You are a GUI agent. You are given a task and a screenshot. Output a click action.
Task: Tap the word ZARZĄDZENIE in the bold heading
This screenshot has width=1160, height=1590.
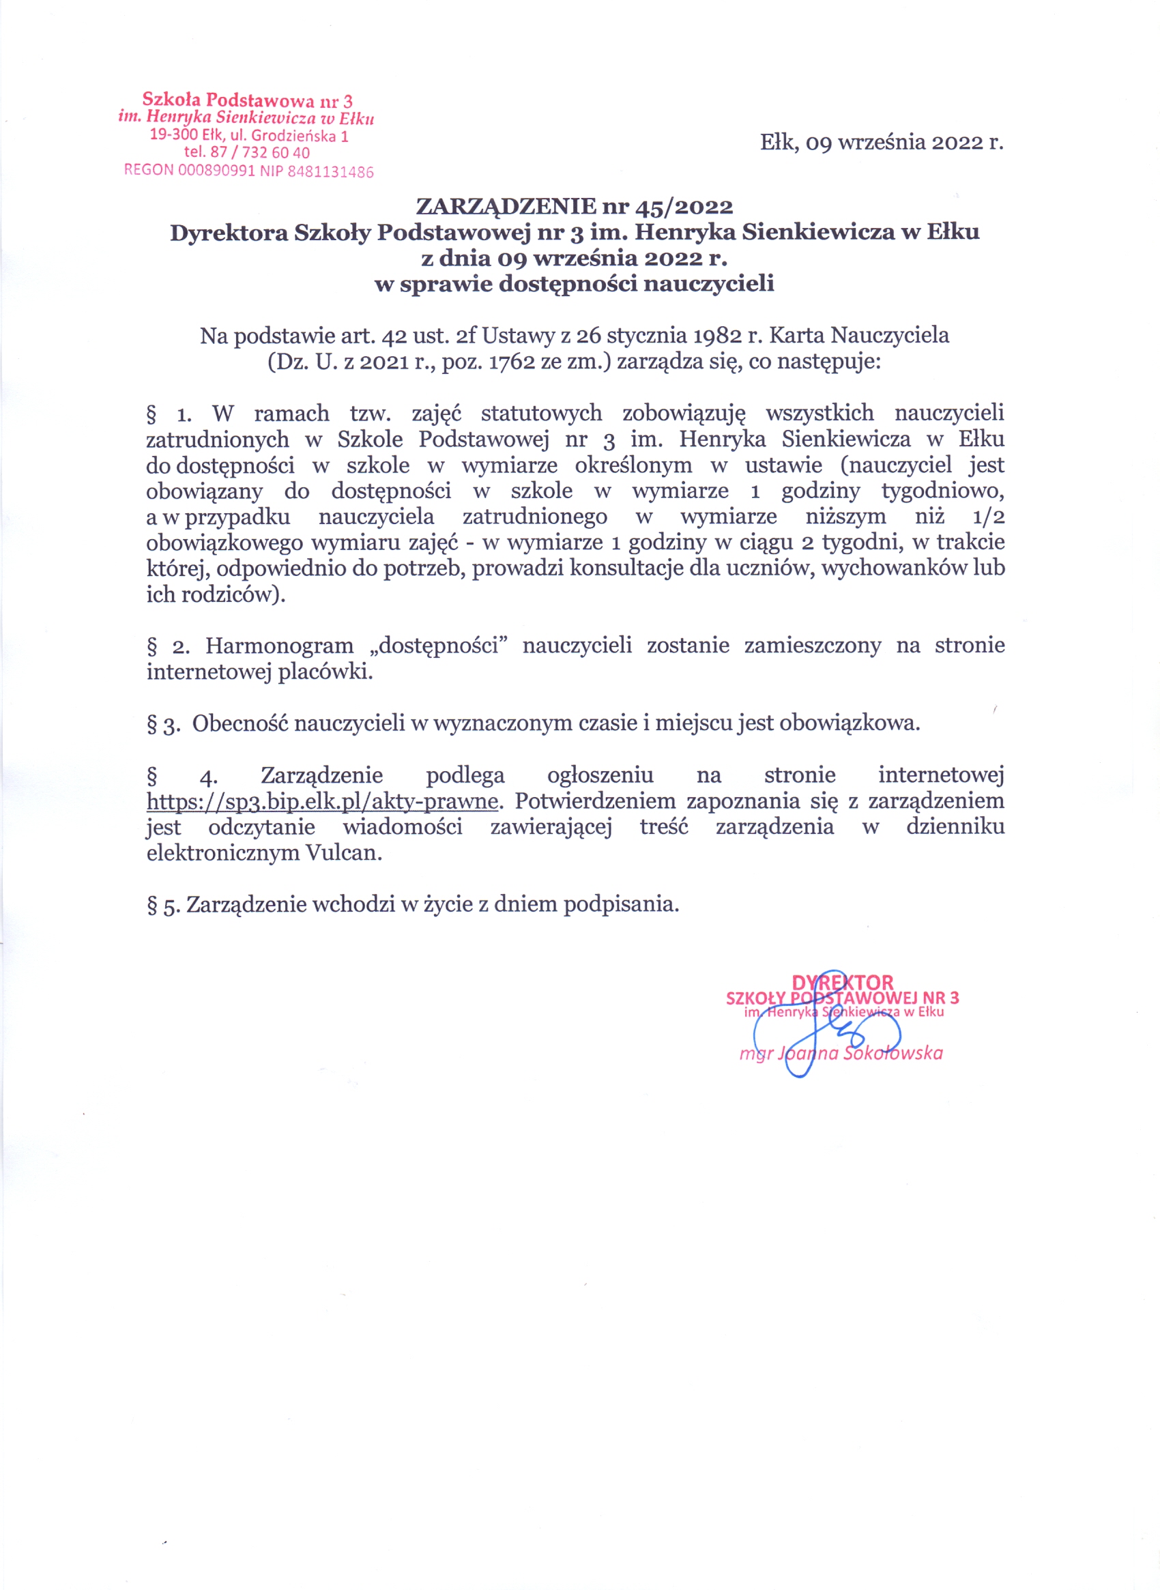pos(506,207)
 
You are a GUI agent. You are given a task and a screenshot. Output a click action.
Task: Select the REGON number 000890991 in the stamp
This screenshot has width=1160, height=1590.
pos(216,171)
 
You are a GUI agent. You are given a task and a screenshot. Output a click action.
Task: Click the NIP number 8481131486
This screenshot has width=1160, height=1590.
pos(330,172)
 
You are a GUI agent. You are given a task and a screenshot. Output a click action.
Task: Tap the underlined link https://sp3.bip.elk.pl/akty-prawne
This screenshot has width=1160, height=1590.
pos(322,800)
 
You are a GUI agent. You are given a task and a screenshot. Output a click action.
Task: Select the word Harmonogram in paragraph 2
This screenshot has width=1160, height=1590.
pos(279,646)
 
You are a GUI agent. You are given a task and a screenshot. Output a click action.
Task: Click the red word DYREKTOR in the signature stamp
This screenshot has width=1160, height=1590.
pos(842,982)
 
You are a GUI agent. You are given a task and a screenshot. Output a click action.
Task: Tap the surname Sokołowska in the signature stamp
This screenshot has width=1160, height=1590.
pos(893,1053)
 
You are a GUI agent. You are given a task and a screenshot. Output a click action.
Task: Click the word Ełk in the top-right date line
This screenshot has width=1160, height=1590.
pos(777,143)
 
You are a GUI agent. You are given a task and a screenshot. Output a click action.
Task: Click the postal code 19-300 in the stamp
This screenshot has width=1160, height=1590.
pos(174,134)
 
